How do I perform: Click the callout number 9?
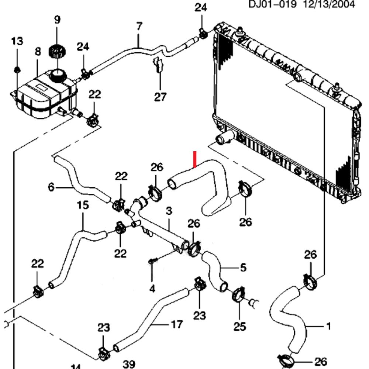point(57,20)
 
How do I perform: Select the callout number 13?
point(17,41)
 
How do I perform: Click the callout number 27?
point(160,97)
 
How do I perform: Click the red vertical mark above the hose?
point(195,159)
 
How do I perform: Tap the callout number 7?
point(139,27)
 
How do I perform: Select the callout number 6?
point(51,187)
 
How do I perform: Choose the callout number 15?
point(83,205)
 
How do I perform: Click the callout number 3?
point(169,211)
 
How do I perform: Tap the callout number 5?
point(243,268)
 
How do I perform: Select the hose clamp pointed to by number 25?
point(237,294)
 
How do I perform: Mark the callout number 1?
point(328,326)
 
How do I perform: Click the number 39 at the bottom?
point(128,365)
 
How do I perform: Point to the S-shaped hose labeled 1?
point(290,317)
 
